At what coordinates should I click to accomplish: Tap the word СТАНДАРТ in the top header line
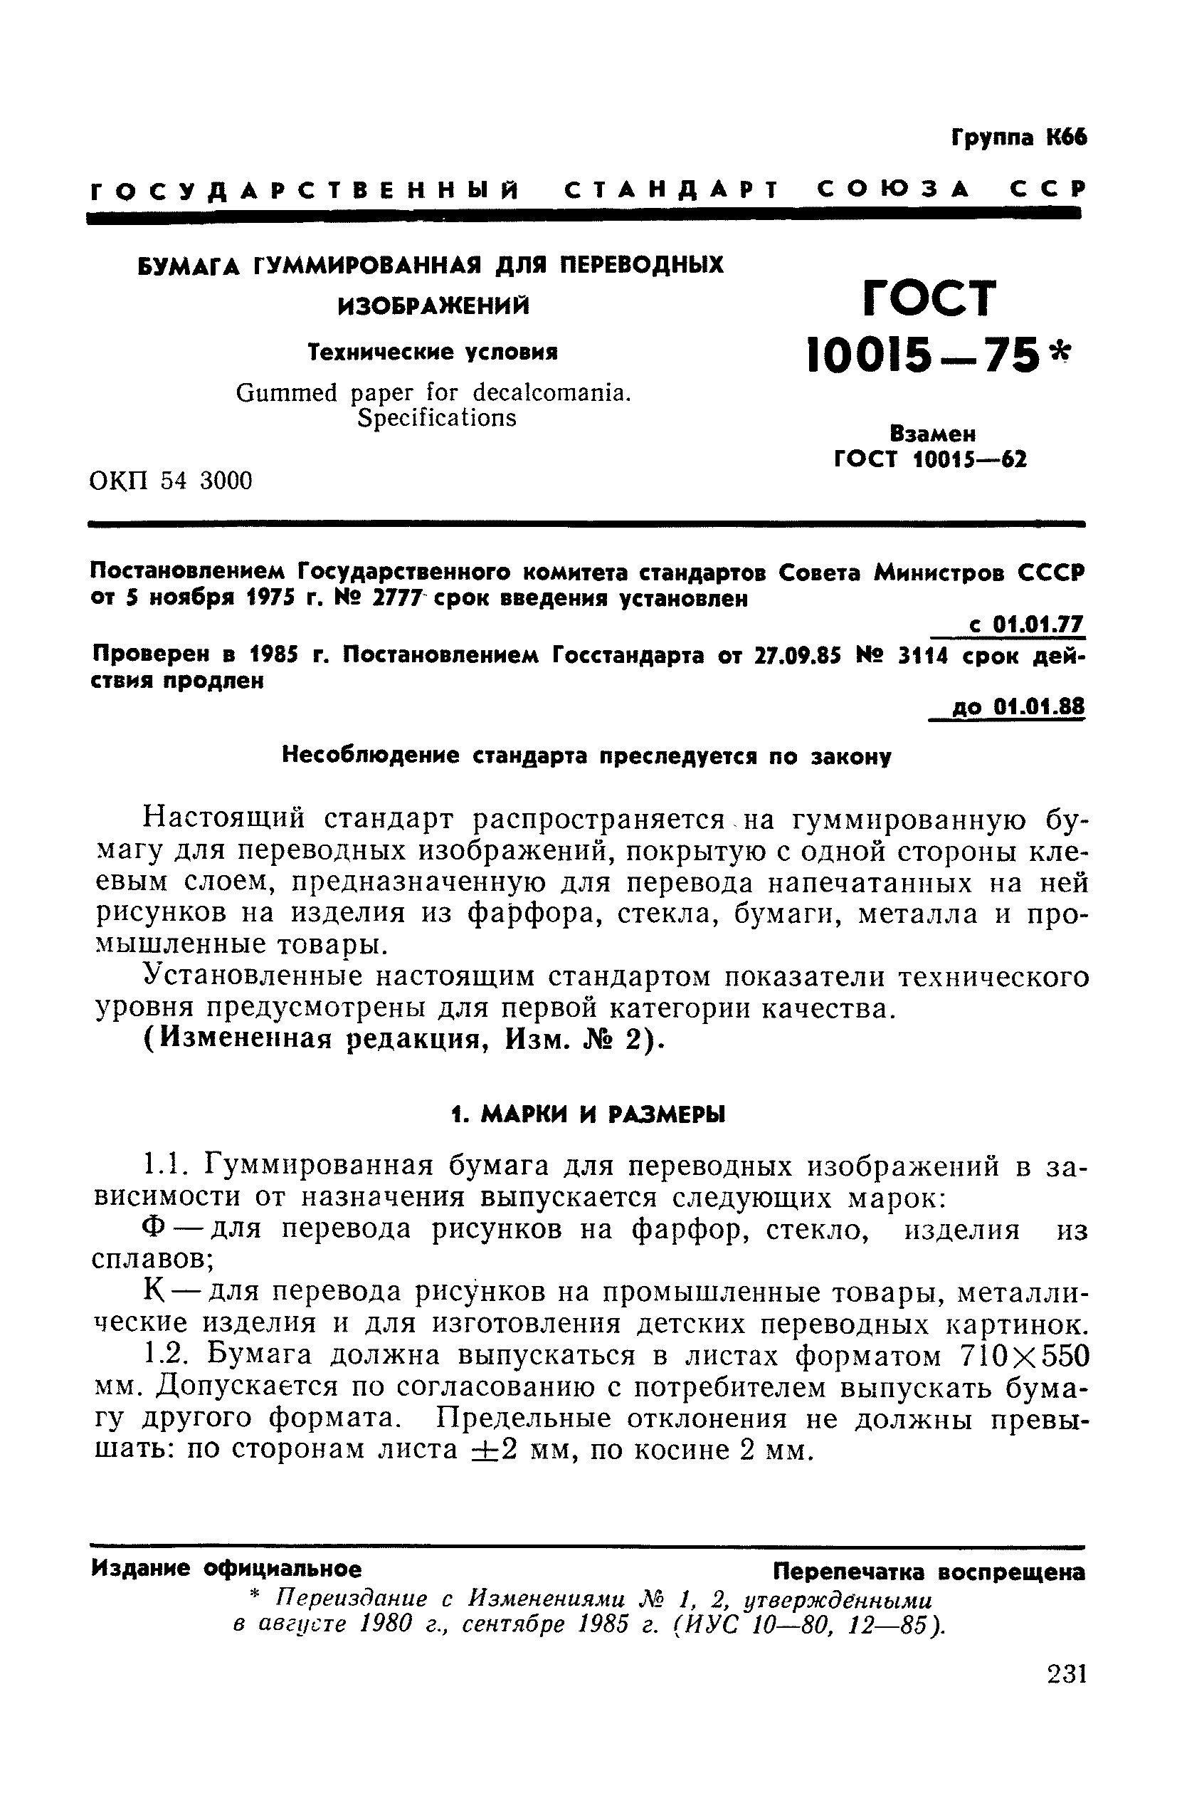click(671, 190)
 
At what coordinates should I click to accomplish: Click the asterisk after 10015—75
click(1060, 351)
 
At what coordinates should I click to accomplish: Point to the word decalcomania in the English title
click(551, 393)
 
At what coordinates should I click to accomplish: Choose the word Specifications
click(436, 418)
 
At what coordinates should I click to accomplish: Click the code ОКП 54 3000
click(171, 480)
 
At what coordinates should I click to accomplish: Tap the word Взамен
click(931, 434)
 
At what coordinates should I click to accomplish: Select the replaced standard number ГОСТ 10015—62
click(930, 459)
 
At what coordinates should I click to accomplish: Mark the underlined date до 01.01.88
click(1018, 707)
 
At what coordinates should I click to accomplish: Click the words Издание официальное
click(226, 1568)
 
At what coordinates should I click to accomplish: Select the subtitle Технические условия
click(433, 352)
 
